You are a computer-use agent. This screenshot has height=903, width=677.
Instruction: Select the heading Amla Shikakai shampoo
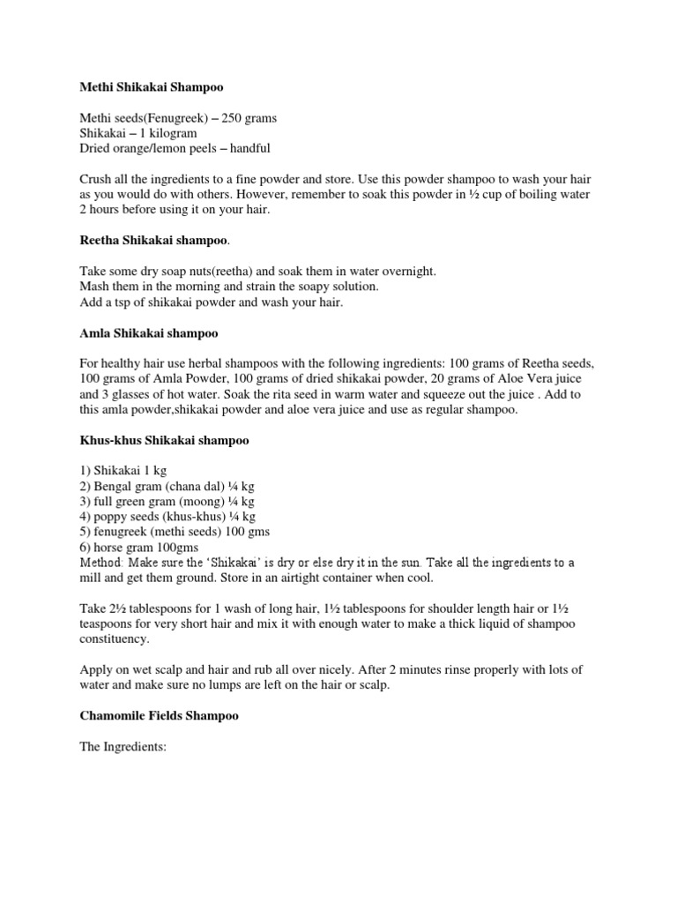149,334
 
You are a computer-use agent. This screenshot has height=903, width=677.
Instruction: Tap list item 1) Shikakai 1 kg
123,471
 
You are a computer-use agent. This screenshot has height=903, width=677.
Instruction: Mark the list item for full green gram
154,501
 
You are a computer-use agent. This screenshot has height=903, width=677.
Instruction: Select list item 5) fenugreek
175,532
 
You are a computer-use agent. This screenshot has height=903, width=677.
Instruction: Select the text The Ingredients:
123,746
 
